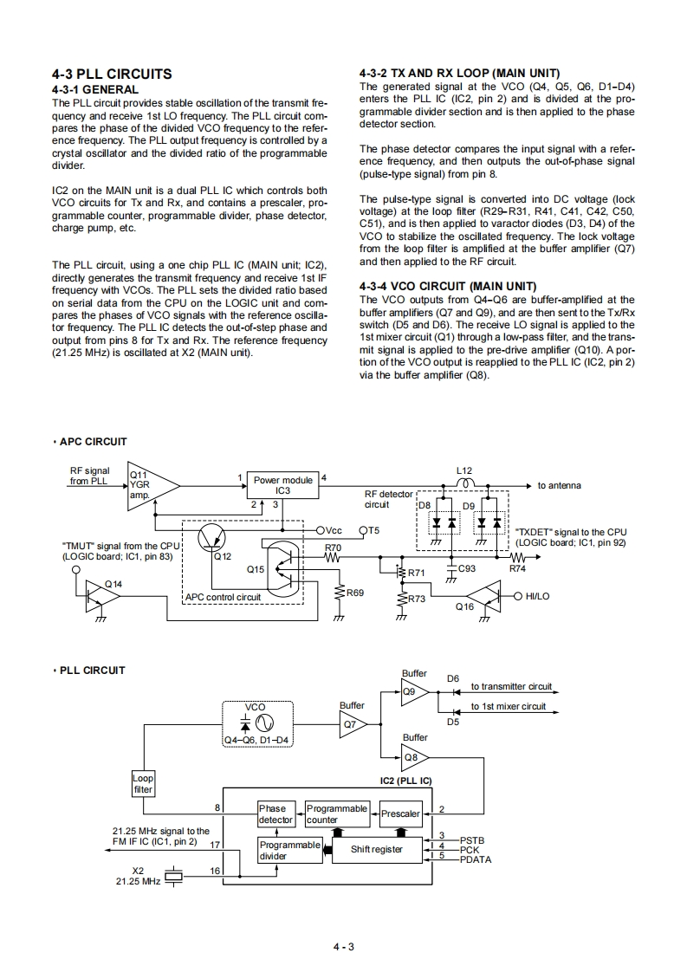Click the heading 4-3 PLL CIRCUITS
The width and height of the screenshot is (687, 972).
click(x=112, y=74)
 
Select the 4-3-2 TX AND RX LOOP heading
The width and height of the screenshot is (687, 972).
click(x=458, y=73)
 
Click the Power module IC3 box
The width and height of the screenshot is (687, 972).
click(x=282, y=485)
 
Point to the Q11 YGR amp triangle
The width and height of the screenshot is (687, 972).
click(x=151, y=486)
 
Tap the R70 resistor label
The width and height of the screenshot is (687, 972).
click(x=333, y=548)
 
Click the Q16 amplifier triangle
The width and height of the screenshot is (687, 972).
click(x=484, y=596)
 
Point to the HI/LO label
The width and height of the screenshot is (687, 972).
click(x=538, y=596)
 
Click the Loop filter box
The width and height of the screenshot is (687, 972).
click(x=143, y=784)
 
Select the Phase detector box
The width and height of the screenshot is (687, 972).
click(x=276, y=813)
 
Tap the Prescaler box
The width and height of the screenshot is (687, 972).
click(x=400, y=813)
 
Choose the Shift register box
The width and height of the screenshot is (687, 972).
click(x=376, y=849)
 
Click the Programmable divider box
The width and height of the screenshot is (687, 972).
click(x=289, y=849)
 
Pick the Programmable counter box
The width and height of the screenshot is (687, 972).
click(x=337, y=813)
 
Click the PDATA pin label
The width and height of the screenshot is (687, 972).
click(x=476, y=859)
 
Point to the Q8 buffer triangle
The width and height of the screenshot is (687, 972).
click(x=415, y=759)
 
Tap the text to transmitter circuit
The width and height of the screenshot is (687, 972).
click(x=511, y=686)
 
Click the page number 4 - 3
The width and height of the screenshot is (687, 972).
click(x=344, y=946)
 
